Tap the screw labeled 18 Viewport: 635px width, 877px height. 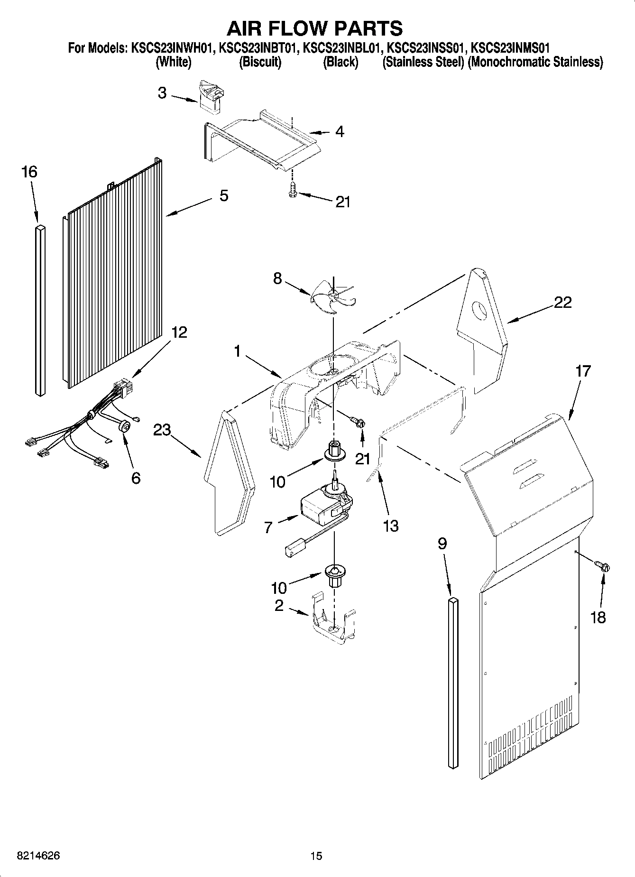pos(602,565)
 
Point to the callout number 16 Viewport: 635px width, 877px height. pos(29,172)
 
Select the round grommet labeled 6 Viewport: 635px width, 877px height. pos(125,427)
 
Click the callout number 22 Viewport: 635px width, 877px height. pos(562,302)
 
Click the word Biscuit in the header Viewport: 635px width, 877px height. pos(260,62)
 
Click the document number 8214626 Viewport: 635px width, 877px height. pos(32,856)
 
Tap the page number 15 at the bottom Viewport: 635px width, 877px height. pos(316,856)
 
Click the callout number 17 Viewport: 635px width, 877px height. pos(583,370)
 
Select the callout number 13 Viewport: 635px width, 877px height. pos(391,526)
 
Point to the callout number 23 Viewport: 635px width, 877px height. pos(162,430)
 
